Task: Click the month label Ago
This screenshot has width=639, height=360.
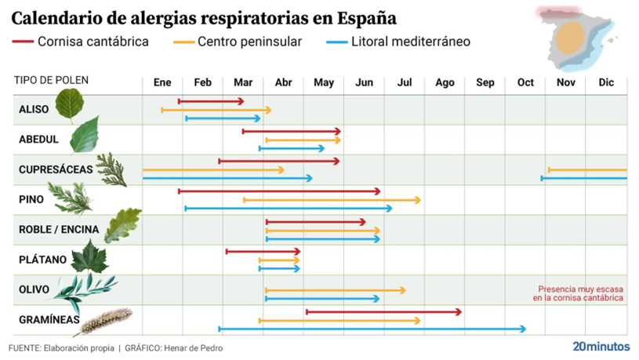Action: [x=445, y=82]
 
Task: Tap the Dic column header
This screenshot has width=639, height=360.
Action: [x=606, y=82]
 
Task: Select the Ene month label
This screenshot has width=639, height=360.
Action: [x=162, y=82]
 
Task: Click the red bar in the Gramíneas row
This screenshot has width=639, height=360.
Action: [x=383, y=312]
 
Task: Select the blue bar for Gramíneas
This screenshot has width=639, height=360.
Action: [x=372, y=329]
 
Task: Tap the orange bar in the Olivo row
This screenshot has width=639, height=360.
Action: [x=335, y=290]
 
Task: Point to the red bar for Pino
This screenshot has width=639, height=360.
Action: [x=279, y=191]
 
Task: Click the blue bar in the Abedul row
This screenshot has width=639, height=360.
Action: [x=291, y=147]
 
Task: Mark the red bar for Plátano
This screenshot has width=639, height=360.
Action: [x=263, y=252]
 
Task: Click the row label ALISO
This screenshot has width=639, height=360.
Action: [x=34, y=110]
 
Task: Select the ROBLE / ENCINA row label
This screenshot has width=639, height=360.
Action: [x=59, y=229]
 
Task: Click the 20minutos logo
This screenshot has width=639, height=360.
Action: [x=601, y=345]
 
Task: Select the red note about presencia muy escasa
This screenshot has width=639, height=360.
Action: [x=578, y=293]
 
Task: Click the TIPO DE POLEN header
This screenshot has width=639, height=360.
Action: [x=51, y=81]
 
